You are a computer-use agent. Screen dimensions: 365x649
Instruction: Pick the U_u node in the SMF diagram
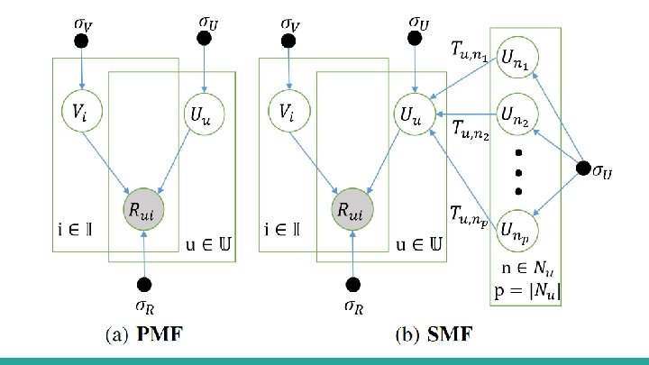pos(413,115)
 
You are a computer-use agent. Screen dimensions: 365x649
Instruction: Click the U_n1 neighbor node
pos(518,59)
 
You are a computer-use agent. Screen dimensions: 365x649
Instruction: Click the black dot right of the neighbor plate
pos(583,168)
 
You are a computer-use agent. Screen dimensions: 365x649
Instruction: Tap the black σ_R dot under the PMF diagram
pos(145,280)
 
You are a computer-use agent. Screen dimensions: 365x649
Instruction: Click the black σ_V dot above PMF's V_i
pos(81,41)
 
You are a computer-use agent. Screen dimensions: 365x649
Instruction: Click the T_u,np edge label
pos(470,214)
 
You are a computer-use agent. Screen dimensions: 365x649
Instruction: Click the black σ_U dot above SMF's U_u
pos(416,38)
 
